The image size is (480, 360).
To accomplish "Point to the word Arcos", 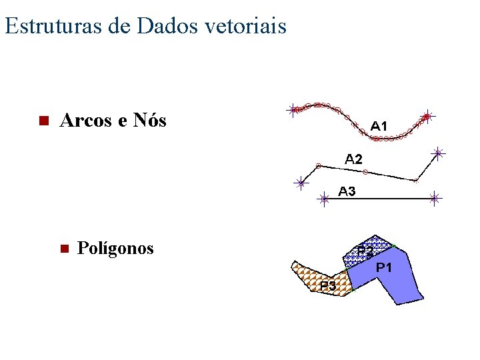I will tap(83, 121).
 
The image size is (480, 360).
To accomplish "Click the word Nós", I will tap(149, 121).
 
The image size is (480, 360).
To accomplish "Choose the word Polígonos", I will tap(115, 249).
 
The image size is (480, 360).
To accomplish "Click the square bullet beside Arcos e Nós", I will tap(41, 121).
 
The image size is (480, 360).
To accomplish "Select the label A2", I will tap(354, 159).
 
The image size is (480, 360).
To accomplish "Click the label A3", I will tap(347, 191).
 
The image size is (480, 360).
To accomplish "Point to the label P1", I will tap(384, 267).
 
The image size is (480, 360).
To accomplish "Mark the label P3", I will tap(327, 285).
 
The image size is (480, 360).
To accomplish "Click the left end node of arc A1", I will tap(293, 110).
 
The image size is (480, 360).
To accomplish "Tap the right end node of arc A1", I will tap(427, 116).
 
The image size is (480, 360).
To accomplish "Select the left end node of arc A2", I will tap(301, 182).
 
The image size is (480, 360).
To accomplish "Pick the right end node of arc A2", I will tap(438, 153).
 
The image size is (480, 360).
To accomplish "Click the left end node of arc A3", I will tap(323, 199).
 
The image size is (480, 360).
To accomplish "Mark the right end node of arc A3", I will tap(434, 198).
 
